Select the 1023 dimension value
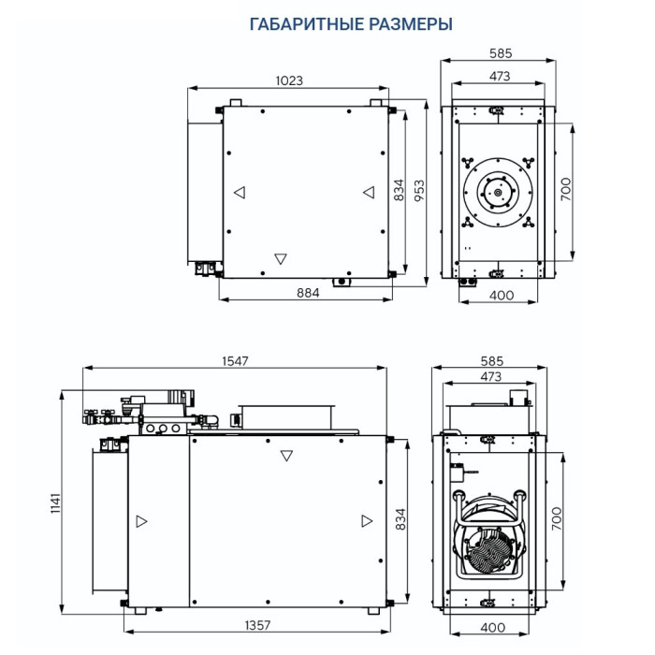289,81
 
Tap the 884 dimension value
308,293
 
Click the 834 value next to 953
400,191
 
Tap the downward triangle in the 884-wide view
280,259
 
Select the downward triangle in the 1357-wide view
286,457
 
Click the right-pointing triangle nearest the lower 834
364,520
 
